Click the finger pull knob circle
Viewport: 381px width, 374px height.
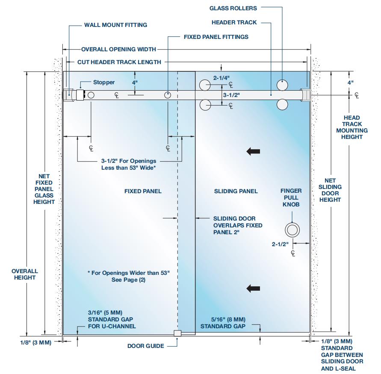click(x=293, y=230)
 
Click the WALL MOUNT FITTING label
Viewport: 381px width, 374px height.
click(x=115, y=25)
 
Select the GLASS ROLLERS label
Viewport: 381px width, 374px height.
click(x=233, y=8)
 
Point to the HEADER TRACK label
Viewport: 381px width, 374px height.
click(x=234, y=22)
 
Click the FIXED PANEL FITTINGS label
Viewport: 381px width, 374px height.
click(x=216, y=37)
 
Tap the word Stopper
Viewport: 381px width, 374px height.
click(x=104, y=82)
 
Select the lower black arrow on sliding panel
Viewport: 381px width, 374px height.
click(x=254, y=289)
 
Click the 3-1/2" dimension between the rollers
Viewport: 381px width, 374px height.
click(x=231, y=94)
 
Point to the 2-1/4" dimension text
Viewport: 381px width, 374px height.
click(x=222, y=78)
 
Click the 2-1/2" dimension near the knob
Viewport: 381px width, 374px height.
click(x=280, y=244)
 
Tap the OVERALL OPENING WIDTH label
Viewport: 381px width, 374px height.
click(x=118, y=49)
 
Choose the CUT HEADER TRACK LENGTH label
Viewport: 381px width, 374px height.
click(x=119, y=62)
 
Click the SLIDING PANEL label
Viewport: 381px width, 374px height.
click(x=236, y=191)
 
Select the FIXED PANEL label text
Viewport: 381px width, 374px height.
click(x=143, y=191)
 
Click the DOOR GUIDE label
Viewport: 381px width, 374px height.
click(x=145, y=346)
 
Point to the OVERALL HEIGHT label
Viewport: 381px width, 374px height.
click(x=25, y=274)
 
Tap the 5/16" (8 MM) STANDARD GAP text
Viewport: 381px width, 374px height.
click(x=223, y=323)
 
